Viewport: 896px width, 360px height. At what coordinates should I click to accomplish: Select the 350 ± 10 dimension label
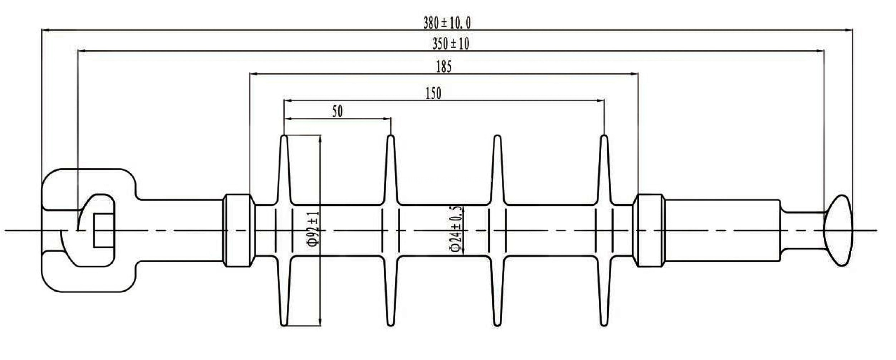[x=451, y=44]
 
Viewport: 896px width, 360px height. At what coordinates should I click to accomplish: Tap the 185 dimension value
[x=444, y=67]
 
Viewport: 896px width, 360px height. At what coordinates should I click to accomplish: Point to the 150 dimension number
[x=433, y=93]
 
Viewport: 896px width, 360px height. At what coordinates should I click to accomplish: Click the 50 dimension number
[x=337, y=112]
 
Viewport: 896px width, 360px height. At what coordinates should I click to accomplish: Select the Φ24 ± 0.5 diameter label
[x=456, y=229]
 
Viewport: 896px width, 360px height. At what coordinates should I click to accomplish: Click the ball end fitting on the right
[x=839, y=230]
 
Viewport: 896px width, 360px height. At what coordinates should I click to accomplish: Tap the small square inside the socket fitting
[x=104, y=230]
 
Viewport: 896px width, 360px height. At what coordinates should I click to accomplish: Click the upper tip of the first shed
[x=284, y=138]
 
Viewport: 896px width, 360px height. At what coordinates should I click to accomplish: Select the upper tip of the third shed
[x=497, y=138]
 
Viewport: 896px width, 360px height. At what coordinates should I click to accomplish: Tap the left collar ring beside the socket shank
[x=239, y=230]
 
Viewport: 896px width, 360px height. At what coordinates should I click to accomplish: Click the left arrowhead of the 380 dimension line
[x=44, y=30]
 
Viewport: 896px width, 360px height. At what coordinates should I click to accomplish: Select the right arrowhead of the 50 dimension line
[x=388, y=119]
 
